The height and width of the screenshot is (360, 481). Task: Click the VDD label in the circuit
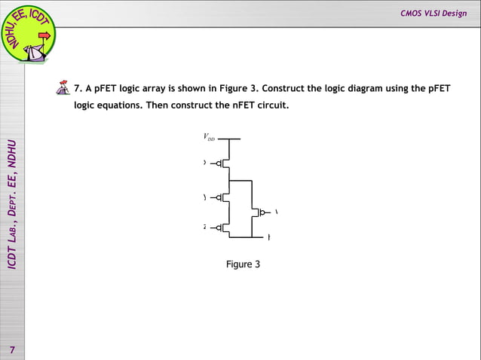[x=209, y=138]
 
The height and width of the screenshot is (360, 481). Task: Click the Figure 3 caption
[x=243, y=264]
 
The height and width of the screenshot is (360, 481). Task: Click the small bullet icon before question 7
[x=63, y=89]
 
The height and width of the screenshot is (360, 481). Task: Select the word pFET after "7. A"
[x=107, y=89]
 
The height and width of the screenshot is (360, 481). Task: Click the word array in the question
[x=157, y=89]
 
